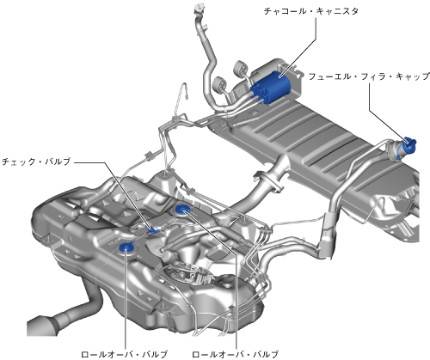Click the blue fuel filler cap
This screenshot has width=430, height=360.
tap(409, 145)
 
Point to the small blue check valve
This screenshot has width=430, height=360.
tap(153, 229)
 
